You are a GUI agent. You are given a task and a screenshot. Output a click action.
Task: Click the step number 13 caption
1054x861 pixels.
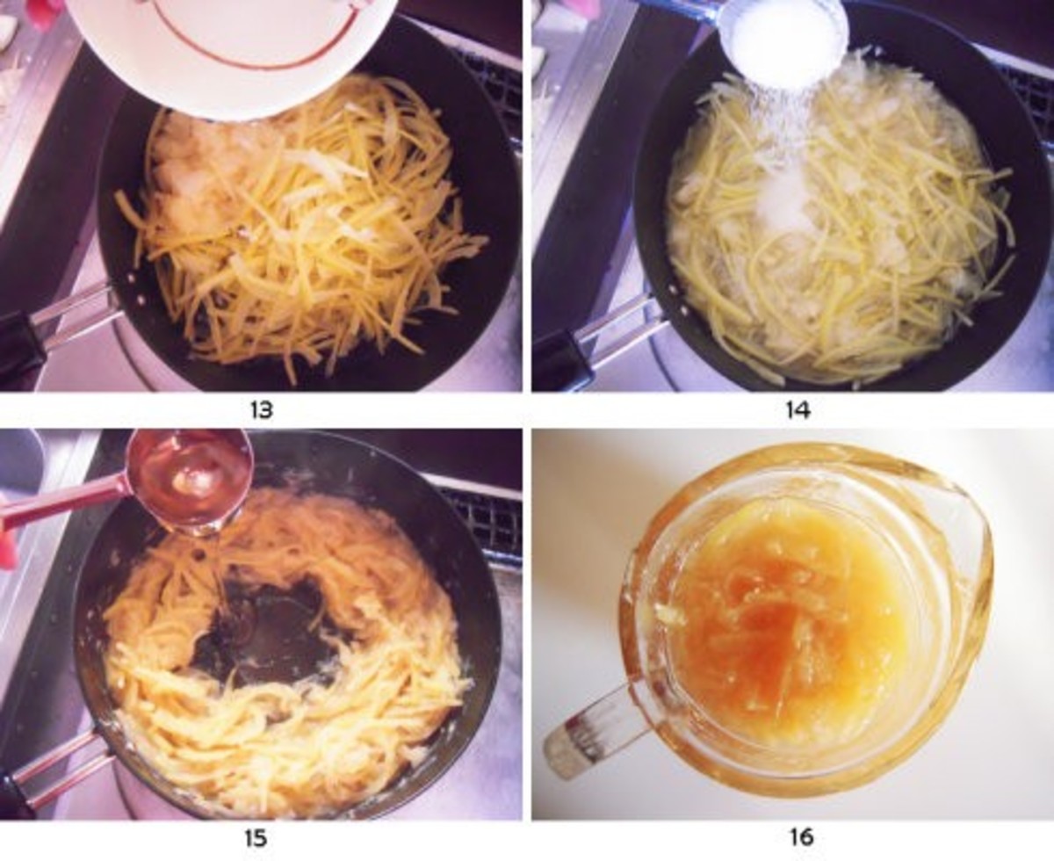tap(261, 410)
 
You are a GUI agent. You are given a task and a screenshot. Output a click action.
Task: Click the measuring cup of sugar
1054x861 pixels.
tap(782, 40)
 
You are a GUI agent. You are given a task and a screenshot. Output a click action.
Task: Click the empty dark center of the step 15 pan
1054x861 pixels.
tap(263, 628)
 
